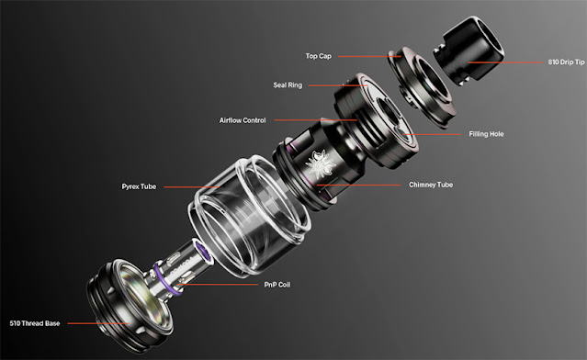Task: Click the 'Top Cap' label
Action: pyautogui.click(x=318, y=56)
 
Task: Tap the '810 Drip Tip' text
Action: pyautogui.click(x=566, y=62)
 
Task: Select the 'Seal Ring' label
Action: pyautogui.click(x=288, y=84)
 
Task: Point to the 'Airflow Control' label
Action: pyautogui.click(x=243, y=120)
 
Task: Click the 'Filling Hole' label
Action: pyautogui.click(x=486, y=134)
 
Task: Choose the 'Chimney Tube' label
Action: pyautogui.click(x=431, y=185)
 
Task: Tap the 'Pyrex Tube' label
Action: pyautogui.click(x=139, y=186)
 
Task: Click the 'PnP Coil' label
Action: pyautogui.click(x=277, y=285)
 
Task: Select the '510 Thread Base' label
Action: pyautogui.click(x=35, y=323)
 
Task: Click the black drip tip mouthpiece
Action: pyautogui.click(x=468, y=51)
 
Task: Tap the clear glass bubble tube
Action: pyautogui.click(x=249, y=217)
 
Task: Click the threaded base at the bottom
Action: pyautogui.click(x=130, y=306)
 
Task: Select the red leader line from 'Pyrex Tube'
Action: pyautogui.click(x=192, y=186)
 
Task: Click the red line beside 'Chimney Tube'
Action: pyautogui.click(x=358, y=185)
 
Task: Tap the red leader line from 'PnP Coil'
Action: pyautogui.click(x=218, y=285)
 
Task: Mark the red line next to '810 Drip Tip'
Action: pyautogui.click(x=505, y=62)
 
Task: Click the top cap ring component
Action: pyautogui.click(x=423, y=87)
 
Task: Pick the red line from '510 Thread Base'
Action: pyautogui.click(x=98, y=323)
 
